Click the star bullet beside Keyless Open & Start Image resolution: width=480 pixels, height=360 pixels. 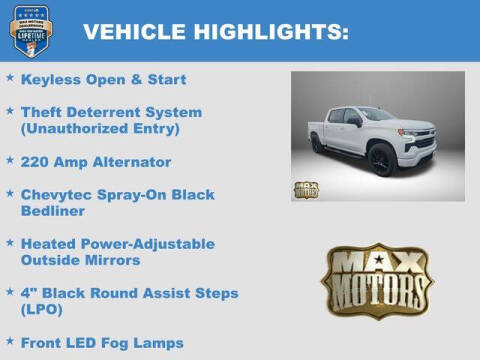pyautogui.click(x=10, y=78)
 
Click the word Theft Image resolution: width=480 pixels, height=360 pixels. pyautogui.click(x=42, y=112)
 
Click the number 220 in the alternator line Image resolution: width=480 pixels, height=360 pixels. pyautogui.click(x=36, y=162)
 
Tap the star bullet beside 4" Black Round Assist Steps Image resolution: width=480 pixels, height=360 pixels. pyautogui.click(x=10, y=292)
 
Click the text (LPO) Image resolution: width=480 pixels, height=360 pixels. pyautogui.click(x=43, y=309)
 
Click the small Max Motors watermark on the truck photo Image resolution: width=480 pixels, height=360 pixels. pyautogui.click(x=306, y=189)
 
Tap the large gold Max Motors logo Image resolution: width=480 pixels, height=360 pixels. pyautogui.click(x=376, y=283)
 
